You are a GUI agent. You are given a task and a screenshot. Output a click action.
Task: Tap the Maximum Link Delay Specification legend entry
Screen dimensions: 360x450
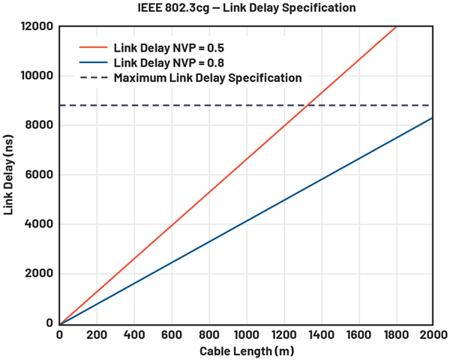pos(208,78)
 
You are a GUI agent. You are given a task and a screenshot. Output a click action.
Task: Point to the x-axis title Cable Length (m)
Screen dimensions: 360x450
pos(246,351)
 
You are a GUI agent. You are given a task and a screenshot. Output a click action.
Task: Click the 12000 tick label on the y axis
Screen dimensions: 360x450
pos(36,27)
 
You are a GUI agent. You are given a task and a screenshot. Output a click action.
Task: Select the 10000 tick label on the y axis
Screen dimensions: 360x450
pos(36,76)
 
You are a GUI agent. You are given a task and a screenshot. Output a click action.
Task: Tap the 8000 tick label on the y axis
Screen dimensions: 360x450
pos(39,126)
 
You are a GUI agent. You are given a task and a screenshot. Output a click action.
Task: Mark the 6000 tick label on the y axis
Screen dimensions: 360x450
pos(39,175)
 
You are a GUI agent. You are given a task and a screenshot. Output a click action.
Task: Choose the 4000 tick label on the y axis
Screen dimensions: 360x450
pos(39,225)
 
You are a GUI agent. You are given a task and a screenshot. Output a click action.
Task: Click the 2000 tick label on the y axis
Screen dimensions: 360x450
pos(39,274)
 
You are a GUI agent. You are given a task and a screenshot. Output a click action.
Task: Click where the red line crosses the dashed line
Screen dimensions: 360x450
pos(307,106)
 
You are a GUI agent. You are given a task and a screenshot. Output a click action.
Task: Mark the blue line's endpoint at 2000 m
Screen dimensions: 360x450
pos(433,118)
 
